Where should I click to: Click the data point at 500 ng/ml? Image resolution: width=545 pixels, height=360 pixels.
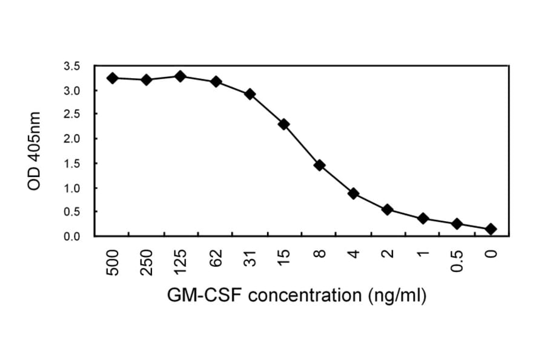pyautogui.click(x=111, y=78)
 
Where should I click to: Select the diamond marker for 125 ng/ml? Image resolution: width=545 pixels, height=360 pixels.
pyautogui.click(x=180, y=76)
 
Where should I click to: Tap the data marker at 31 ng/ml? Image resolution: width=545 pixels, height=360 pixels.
pyautogui.click(x=249, y=94)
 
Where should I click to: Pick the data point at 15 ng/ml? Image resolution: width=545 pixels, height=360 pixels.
pyautogui.click(x=284, y=124)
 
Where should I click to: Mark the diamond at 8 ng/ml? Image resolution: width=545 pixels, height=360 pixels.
pyautogui.click(x=319, y=165)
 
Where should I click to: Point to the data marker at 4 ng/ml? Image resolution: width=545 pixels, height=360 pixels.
pyautogui.click(x=354, y=193)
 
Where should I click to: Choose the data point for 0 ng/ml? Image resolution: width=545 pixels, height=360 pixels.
pyautogui.click(x=491, y=228)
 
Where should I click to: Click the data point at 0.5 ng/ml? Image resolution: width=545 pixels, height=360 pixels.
pyautogui.click(x=457, y=224)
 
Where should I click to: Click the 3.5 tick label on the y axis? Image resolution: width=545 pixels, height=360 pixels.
pyautogui.click(x=71, y=67)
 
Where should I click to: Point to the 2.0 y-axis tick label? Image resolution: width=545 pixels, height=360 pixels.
pyautogui.click(x=71, y=139)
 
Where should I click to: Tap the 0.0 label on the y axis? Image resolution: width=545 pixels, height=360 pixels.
pyautogui.click(x=71, y=236)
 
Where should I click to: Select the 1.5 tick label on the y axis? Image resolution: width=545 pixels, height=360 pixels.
pyautogui.click(x=71, y=164)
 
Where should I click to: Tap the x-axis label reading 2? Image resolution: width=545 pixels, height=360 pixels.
pyautogui.click(x=388, y=255)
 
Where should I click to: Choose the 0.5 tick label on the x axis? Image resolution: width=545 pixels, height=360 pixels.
pyautogui.click(x=458, y=261)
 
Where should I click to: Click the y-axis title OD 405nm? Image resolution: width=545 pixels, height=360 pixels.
pyautogui.click(x=35, y=151)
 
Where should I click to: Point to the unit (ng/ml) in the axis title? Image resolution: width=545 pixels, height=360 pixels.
pyautogui.click(x=395, y=296)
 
